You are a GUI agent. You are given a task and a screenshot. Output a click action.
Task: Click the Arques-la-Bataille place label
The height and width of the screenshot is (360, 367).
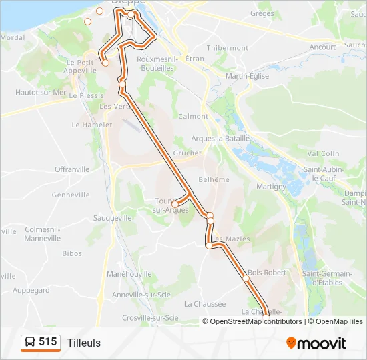(x=220, y=138)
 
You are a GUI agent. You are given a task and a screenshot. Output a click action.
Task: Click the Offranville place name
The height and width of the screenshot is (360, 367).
(x=72, y=169)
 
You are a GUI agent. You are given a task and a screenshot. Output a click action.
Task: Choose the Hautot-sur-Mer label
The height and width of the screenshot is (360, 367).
(x=41, y=93)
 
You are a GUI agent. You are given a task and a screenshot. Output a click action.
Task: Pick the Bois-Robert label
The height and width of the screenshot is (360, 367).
(x=266, y=273)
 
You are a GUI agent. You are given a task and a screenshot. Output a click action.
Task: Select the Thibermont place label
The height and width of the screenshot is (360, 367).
(x=228, y=48)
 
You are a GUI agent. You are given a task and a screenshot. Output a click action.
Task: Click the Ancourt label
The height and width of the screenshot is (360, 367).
(x=322, y=47)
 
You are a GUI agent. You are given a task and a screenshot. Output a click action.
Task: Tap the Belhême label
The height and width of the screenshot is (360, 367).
(x=214, y=179)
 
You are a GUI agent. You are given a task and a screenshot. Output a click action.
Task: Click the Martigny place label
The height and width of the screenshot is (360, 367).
(x=272, y=186)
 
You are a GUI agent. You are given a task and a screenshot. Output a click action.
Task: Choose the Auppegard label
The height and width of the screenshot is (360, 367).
(x=31, y=290)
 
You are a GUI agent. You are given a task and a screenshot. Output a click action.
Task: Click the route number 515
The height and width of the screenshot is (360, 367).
(x=47, y=342)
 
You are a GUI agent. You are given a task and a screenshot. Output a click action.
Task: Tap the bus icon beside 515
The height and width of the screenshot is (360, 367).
(x=30, y=343)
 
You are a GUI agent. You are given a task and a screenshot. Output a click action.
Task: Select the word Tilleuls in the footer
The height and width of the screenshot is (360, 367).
(x=84, y=343)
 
